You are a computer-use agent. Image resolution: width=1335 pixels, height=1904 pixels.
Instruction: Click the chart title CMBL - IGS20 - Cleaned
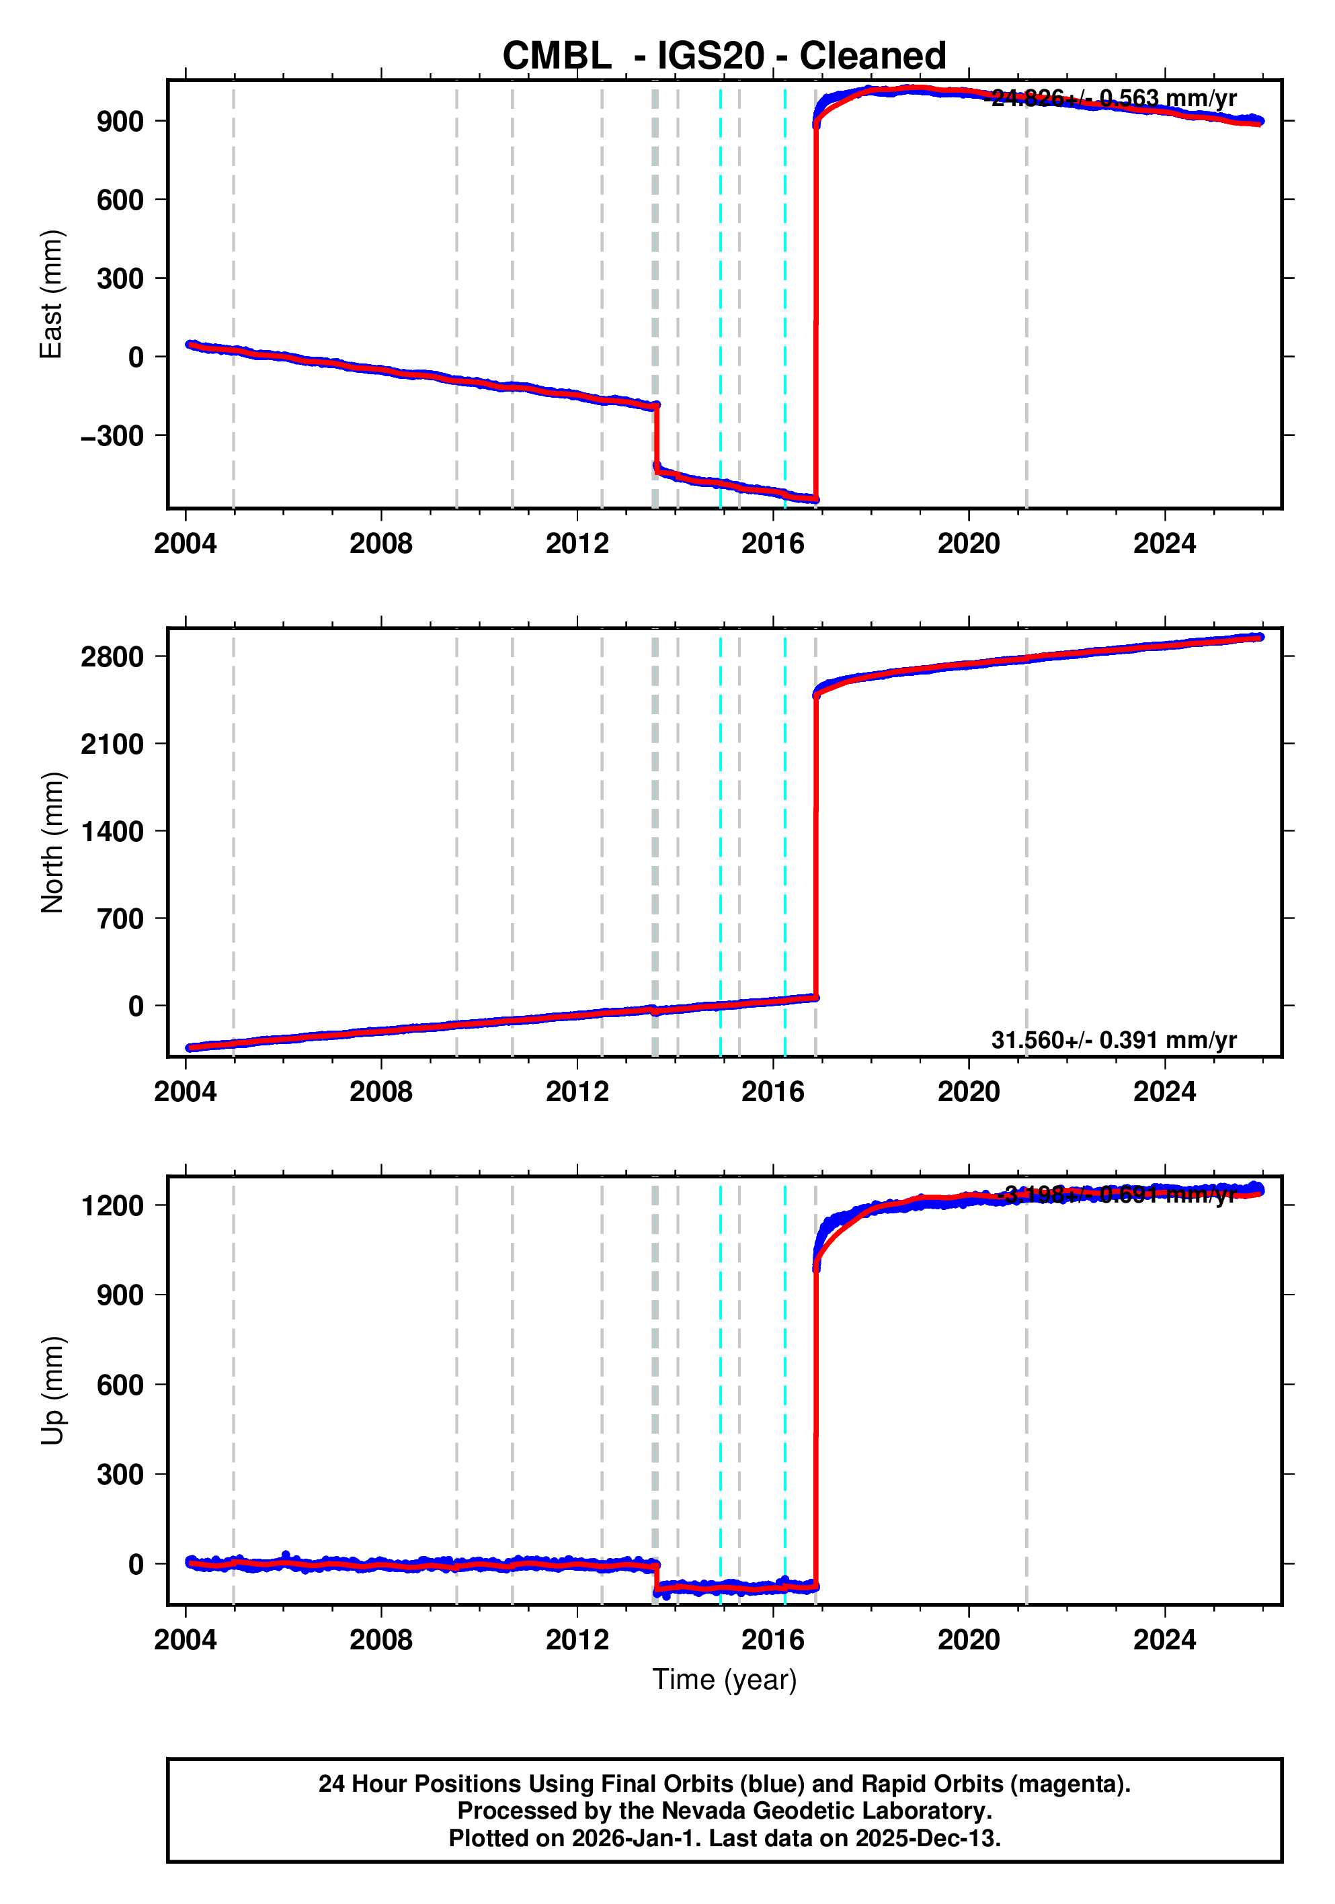pyautogui.click(x=723, y=56)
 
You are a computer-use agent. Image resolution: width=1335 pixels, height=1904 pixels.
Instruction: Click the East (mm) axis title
pyautogui.click(x=52, y=294)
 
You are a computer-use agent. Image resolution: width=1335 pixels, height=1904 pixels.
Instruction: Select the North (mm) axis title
pyautogui.click(x=52, y=842)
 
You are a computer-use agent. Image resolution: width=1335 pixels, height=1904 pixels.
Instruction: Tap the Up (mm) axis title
pyautogui.click(x=52, y=1391)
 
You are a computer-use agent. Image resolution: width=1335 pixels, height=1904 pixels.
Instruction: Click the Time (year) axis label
pyautogui.click(x=723, y=1679)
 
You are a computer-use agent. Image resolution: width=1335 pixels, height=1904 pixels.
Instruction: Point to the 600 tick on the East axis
pyautogui.click(x=120, y=200)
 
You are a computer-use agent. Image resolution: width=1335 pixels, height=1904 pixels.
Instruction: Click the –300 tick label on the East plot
pyautogui.click(x=112, y=435)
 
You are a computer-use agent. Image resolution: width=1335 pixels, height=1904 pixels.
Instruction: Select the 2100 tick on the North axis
pyautogui.click(x=112, y=744)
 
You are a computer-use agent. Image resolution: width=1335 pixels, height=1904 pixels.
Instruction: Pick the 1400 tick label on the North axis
pyautogui.click(x=112, y=831)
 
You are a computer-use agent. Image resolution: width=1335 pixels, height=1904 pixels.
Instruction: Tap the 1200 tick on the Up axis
pyautogui.click(x=112, y=1205)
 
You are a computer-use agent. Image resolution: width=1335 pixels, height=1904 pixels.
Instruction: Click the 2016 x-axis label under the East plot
pyautogui.click(x=772, y=544)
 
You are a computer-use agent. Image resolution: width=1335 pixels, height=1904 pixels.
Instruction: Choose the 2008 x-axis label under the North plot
pyautogui.click(x=381, y=1092)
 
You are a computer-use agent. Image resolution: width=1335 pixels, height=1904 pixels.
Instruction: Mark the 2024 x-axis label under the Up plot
pyautogui.click(x=1164, y=1639)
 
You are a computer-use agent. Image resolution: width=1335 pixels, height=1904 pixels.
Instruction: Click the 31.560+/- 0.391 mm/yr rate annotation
pyautogui.click(x=1113, y=1040)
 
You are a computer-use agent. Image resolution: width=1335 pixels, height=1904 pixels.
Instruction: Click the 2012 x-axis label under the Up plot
pyautogui.click(x=577, y=1639)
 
